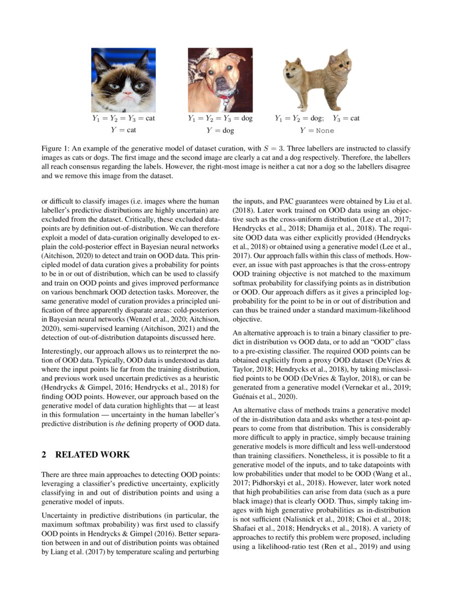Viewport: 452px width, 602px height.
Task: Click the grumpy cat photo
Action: point(123,80)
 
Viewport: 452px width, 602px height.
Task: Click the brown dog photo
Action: point(220,80)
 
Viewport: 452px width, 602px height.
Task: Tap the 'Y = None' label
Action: point(316,131)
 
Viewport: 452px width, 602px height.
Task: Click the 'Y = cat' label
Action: point(123,130)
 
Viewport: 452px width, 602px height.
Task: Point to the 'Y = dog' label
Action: point(220,131)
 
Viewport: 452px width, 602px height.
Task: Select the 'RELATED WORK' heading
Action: point(93,454)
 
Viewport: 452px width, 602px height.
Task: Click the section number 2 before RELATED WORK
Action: point(44,454)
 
